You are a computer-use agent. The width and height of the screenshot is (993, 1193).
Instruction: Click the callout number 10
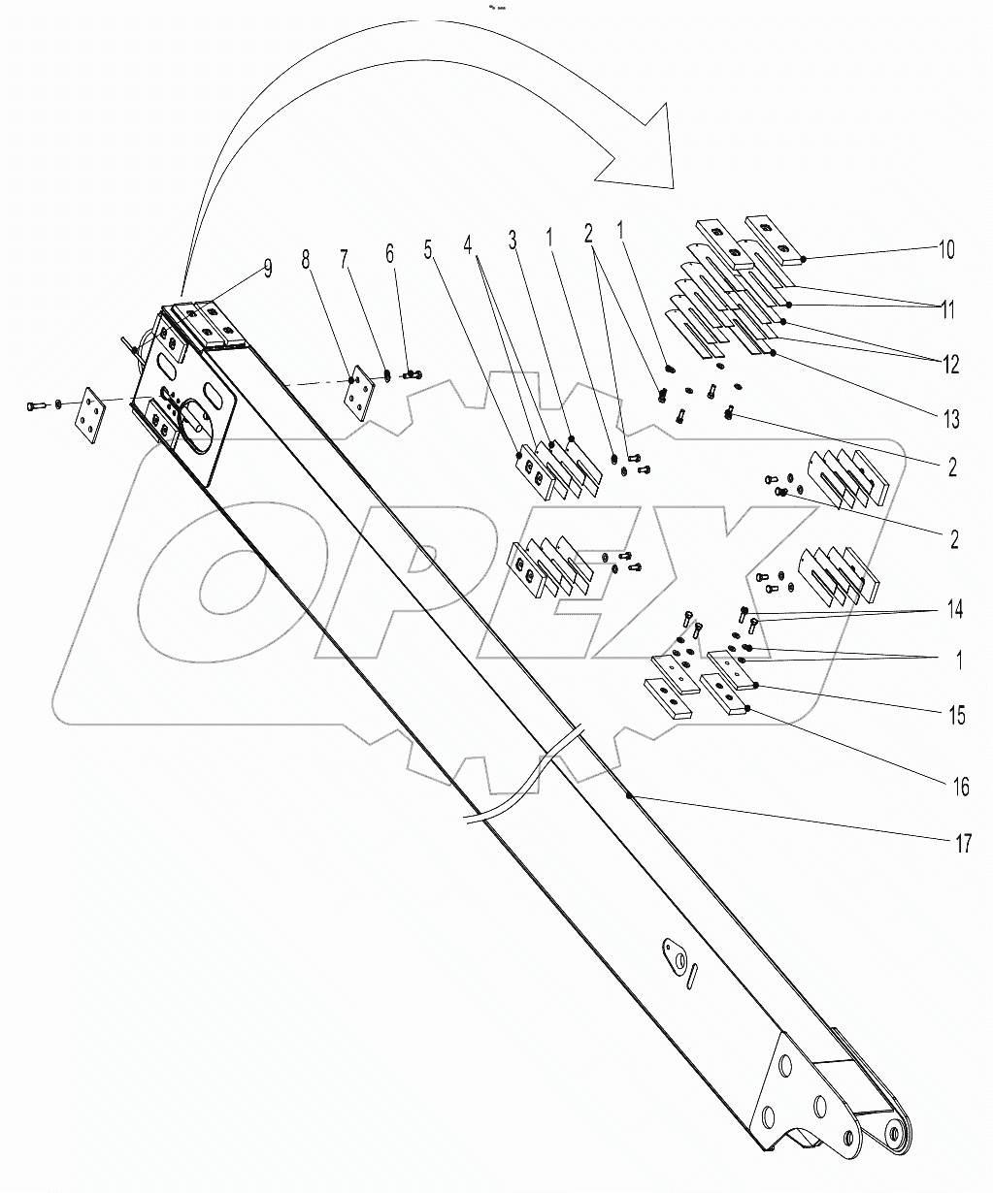click(945, 249)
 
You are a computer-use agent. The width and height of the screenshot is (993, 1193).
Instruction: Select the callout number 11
click(945, 310)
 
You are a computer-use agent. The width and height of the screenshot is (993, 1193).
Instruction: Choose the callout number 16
click(959, 786)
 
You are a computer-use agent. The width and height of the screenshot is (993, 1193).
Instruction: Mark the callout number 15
click(957, 716)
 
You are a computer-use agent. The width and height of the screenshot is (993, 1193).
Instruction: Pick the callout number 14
click(955, 610)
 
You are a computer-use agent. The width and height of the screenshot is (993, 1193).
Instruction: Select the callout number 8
click(307, 259)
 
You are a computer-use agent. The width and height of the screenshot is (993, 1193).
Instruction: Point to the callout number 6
click(390, 253)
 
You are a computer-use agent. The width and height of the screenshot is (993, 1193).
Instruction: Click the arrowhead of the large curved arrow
click(641, 145)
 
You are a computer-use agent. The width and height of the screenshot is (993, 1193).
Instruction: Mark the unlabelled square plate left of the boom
click(94, 416)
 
